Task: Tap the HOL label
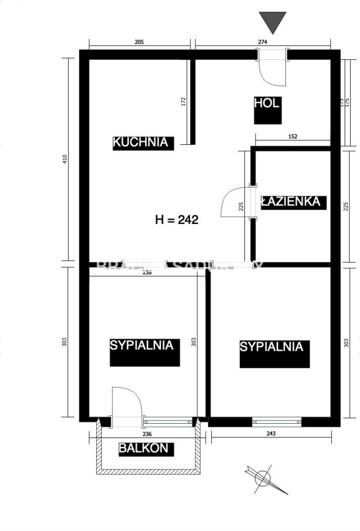click(268, 103)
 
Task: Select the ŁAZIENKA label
click(291, 201)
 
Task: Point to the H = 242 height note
click(176, 220)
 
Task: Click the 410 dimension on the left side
click(65, 159)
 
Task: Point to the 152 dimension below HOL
click(293, 136)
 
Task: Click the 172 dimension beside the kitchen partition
click(184, 101)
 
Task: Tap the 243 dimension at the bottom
click(270, 434)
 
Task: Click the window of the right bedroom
click(276, 421)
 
